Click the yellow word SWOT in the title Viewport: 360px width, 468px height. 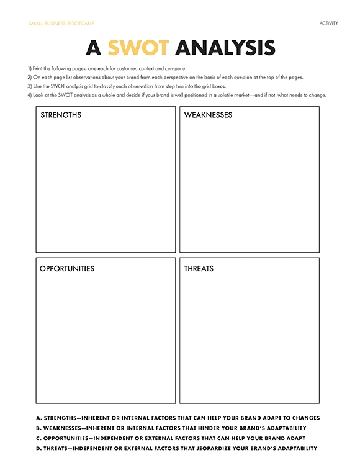pos(138,48)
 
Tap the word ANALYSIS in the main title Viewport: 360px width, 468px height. pos(225,48)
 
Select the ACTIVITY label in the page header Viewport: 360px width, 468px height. pos(329,23)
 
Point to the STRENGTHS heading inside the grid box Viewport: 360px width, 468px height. pos(61,115)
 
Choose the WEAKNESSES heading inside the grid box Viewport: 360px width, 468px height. pos(208,115)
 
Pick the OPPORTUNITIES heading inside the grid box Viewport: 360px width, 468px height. pos(67,269)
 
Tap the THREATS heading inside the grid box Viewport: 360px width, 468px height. pos(199,269)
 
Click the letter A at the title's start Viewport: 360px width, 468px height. pos(93,48)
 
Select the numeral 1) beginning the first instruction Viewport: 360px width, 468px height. pos(29,68)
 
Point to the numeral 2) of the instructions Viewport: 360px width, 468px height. pos(29,77)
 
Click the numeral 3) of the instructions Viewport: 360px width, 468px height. pos(29,86)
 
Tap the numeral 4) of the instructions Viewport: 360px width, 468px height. pos(29,95)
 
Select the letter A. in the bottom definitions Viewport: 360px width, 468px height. pos(38,418)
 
